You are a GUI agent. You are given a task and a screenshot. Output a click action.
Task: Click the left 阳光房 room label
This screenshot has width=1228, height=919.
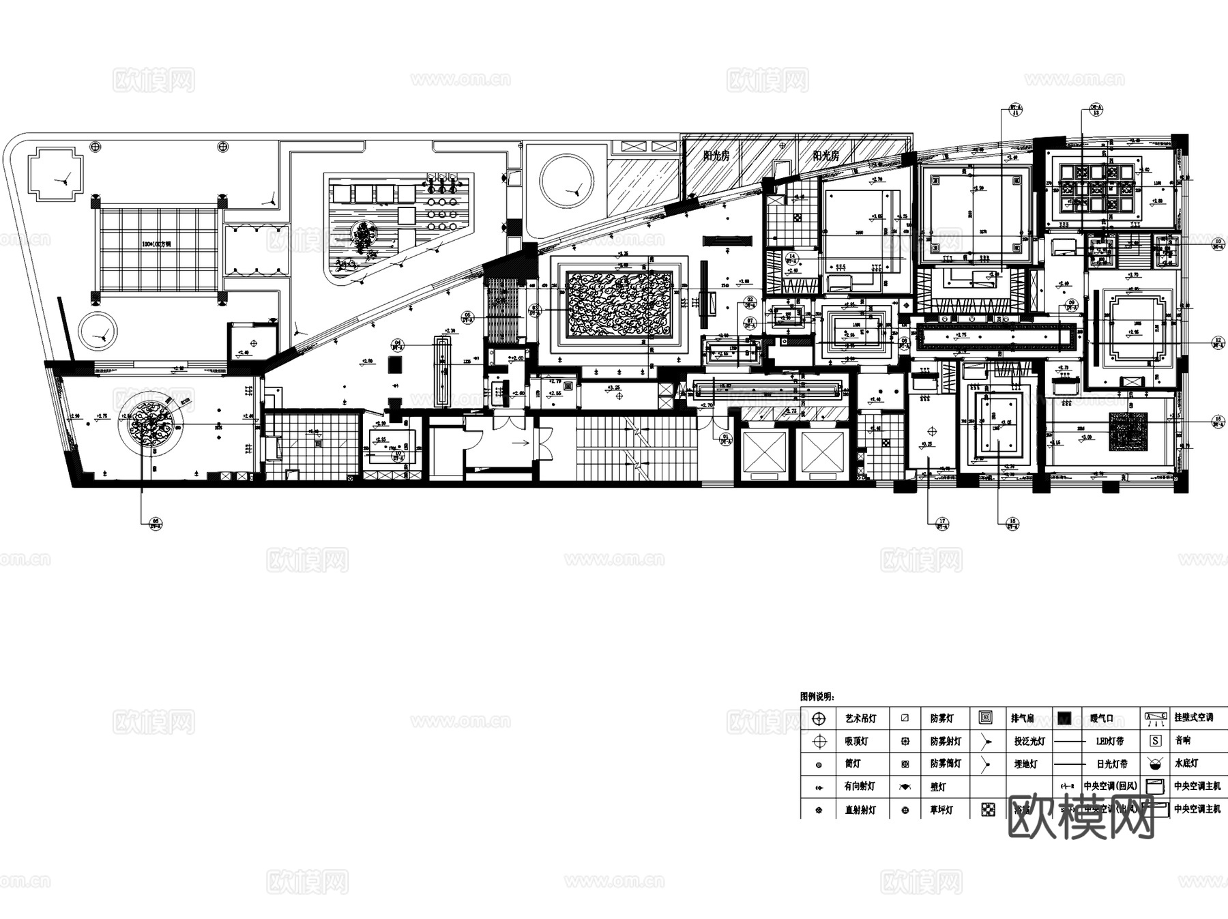(716, 156)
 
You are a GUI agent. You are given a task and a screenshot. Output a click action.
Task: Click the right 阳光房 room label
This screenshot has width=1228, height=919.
(825, 156)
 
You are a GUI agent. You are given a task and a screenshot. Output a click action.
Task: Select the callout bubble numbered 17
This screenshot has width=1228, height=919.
(942, 523)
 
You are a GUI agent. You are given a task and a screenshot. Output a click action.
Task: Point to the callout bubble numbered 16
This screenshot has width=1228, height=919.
(1012, 523)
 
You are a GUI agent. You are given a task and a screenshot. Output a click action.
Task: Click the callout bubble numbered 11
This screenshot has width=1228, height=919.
(1015, 110)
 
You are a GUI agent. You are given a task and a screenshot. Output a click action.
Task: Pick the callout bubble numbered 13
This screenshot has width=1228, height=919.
(1096, 110)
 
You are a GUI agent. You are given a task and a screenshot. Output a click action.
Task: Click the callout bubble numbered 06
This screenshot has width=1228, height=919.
(155, 523)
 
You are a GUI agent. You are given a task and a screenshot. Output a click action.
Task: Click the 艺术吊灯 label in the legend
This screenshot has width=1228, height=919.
(860, 718)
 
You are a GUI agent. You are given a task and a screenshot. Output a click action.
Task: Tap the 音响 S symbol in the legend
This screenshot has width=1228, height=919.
(1155, 741)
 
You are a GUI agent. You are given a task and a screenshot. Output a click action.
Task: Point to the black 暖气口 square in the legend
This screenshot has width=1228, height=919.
(1064, 718)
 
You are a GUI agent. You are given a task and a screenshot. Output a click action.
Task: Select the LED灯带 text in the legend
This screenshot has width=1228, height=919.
(1109, 741)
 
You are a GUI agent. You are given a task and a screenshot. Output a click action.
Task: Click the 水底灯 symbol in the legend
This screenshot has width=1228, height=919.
(1155, 763)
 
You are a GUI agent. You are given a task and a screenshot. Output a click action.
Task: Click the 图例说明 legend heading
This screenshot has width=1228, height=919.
(817, 697)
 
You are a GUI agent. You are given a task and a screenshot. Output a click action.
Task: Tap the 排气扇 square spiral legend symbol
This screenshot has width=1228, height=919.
(985, 718)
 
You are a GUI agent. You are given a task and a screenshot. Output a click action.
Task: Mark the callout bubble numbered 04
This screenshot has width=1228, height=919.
(398, 345)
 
